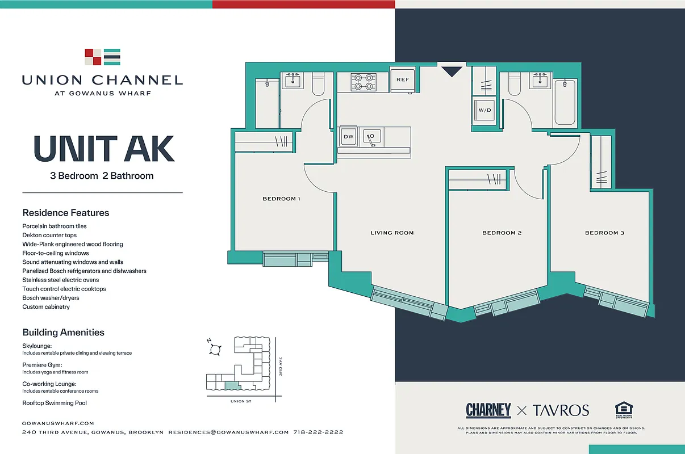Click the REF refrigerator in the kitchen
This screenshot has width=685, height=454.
click(403, 79)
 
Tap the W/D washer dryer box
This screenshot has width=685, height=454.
click(484, 110)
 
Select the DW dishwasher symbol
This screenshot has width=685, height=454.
click(348, 137)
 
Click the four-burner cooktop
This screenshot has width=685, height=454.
click(364, 82)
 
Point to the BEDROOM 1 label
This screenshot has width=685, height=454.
click(281, 199)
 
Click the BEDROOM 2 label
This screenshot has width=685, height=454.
click(502, 233)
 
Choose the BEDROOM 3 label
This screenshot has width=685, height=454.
click(604, 233)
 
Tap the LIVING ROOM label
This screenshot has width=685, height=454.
click(392, 233)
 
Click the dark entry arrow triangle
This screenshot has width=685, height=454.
click(453, 72)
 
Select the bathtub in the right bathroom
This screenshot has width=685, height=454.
click(565, 103)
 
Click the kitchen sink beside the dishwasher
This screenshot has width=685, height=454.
click(373, 136)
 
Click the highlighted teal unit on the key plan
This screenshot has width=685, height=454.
click(232, 385)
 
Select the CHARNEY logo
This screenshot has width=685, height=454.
click(488, 410)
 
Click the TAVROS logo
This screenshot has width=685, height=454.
click(560, 410)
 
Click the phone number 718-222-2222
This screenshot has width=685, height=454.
click(318, 432)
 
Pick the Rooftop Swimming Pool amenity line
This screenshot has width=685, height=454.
click(55, 403)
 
